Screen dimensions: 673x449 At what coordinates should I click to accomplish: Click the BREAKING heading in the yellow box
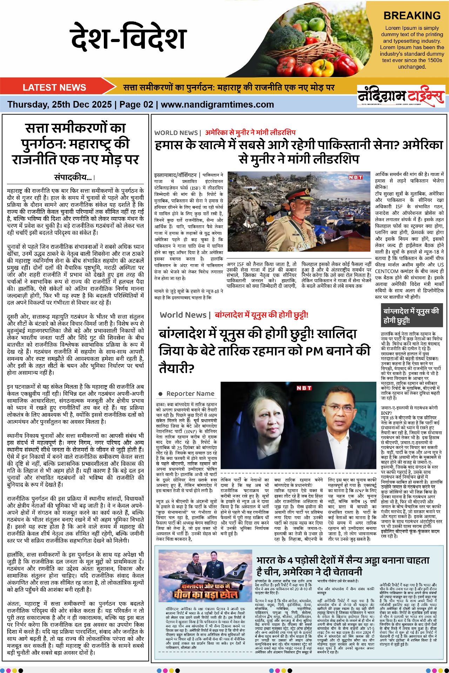(412, 16)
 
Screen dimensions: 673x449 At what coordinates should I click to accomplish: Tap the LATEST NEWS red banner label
(54, 87)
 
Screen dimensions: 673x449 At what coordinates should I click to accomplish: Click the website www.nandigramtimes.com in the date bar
(217, 104)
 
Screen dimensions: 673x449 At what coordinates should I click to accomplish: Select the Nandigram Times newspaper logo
(401, 96)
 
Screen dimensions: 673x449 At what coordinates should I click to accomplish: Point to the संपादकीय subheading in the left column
(74, 177)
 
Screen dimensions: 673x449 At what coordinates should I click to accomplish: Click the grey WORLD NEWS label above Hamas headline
(176, 133)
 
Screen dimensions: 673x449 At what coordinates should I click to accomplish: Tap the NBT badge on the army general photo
(355, 177)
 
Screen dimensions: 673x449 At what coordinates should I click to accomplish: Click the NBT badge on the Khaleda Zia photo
(304, 388)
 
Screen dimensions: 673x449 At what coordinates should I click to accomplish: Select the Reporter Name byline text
(190, 394)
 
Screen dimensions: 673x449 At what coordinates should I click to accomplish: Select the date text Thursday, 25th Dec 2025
(60, 104)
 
